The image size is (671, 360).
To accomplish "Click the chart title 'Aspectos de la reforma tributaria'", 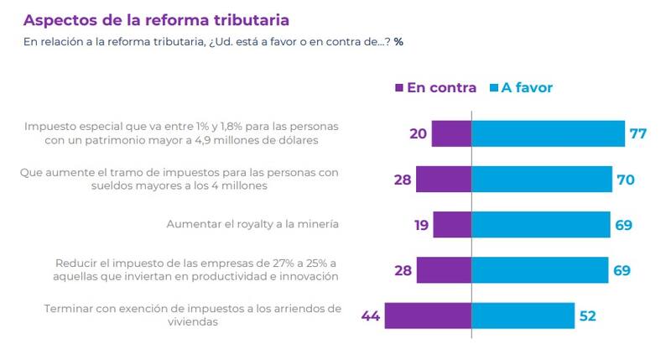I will [159, 18].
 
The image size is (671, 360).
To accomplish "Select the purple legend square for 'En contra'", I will [398, 87].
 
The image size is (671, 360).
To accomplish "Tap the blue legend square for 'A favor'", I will [493, 87].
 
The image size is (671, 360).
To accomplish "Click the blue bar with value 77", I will [549, 133].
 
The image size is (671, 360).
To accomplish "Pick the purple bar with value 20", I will [451, 133].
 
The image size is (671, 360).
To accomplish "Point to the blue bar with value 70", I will [542, 179].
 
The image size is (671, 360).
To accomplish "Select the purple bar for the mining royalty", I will [452, 224].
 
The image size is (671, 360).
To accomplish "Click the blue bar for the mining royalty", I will [541, 224].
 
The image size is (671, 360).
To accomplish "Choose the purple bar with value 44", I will [429, 316].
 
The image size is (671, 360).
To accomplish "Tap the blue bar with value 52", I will [523, 316].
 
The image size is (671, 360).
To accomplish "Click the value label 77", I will [639, 133].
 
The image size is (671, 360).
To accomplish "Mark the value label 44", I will [372, 316].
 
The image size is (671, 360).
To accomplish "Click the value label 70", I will [626, 179].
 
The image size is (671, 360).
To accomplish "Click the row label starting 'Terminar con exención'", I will [192, 315].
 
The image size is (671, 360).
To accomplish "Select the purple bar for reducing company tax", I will [444, 269].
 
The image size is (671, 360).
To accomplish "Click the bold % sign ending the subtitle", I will [398, 41].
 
